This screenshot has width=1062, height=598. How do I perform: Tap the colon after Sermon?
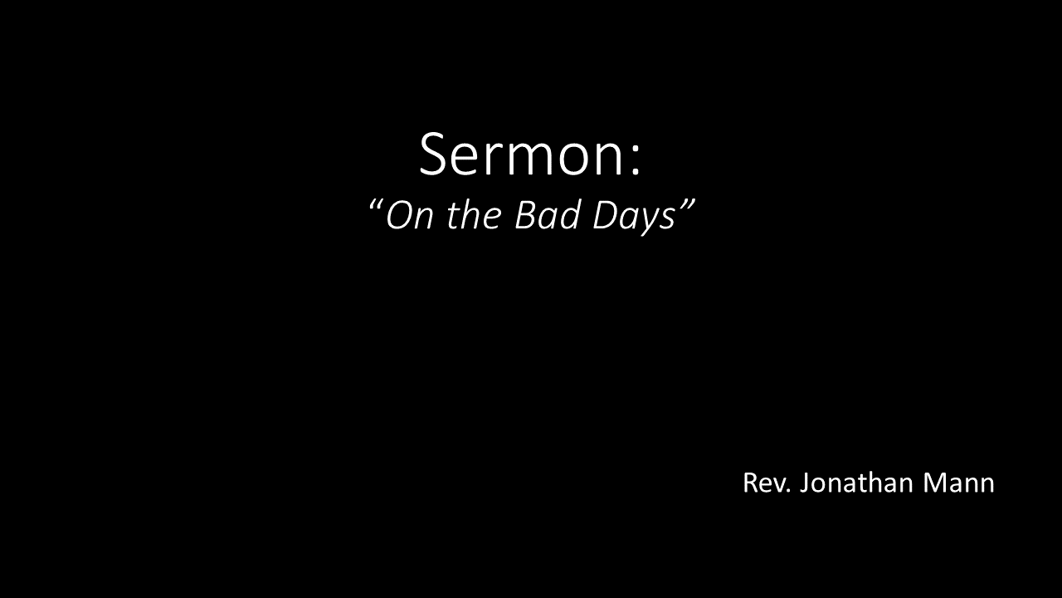(636, 161)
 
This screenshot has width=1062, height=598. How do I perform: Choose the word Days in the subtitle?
(634, 218)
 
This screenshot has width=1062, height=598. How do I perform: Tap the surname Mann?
(958, 483)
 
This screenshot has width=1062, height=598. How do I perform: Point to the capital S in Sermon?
(433, 154)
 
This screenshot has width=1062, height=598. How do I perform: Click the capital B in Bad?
(527, 217)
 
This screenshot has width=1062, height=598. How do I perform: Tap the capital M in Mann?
(934, 483)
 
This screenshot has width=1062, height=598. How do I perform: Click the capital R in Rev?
(751, 483)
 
